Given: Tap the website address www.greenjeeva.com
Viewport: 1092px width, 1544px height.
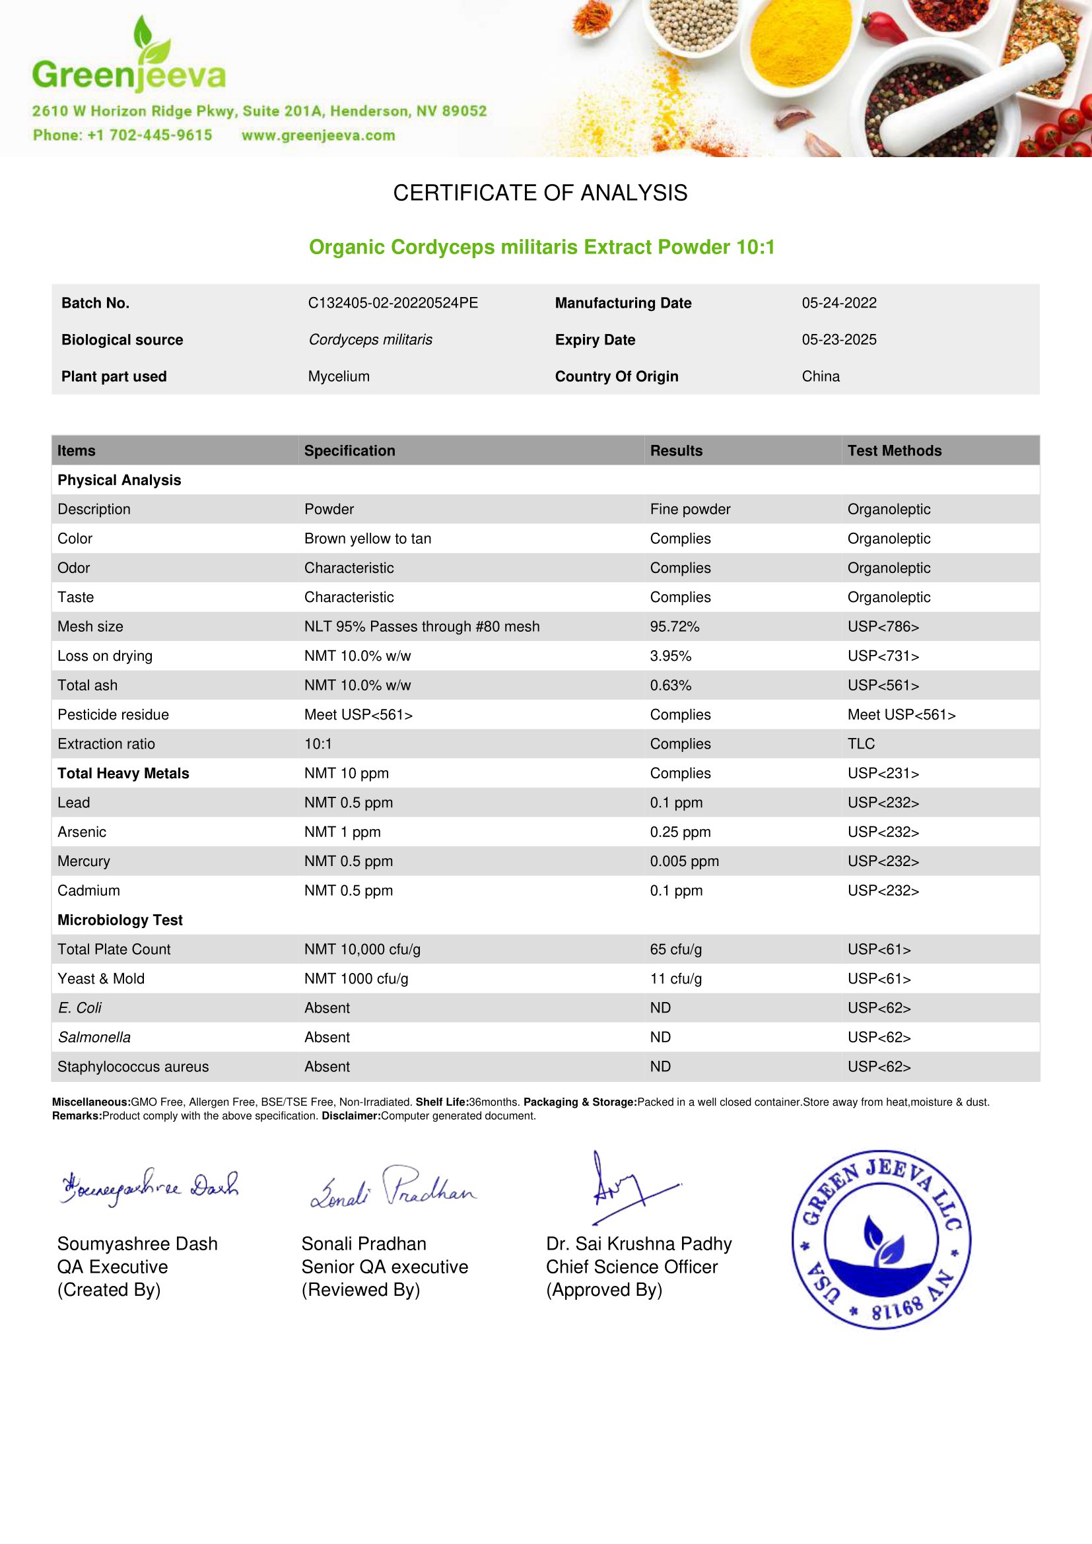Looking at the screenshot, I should click(318, 135).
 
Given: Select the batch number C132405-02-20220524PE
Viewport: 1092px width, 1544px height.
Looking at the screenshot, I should click(393, 302).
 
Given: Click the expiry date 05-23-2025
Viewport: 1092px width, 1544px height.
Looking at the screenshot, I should click(838, 339).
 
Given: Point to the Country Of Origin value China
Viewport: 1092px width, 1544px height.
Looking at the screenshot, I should click(821, 376).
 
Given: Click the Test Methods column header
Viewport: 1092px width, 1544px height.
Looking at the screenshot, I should click(894, 451).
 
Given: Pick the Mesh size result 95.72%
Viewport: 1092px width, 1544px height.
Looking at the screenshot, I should click(675, 626).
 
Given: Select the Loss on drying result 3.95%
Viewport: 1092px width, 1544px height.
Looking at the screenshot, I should click(670, 655).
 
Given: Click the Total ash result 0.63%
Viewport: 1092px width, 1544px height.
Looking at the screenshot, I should click(670, 685).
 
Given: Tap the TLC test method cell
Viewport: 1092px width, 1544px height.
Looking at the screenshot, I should click(861, 744).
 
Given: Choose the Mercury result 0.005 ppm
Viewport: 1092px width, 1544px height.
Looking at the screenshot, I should click(684, 861).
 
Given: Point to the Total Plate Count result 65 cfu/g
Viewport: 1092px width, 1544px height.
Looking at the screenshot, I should click(676, 949).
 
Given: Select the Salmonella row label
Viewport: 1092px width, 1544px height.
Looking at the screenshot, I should click(94, 1038).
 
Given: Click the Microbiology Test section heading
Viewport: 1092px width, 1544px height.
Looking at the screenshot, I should click(119, 920).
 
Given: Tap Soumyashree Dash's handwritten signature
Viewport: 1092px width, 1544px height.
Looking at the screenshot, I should click(149, 1188).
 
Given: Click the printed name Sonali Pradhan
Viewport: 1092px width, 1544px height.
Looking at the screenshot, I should click(364, 1244).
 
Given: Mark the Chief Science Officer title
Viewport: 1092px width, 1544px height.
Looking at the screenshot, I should click(631, 1267).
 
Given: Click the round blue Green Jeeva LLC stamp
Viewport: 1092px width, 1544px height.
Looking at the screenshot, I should click(881, 1240).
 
